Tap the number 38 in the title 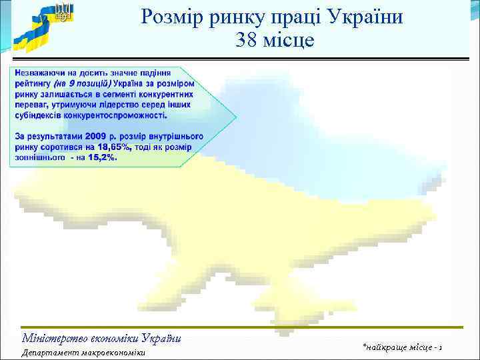[247, 41]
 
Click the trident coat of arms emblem [63, 12]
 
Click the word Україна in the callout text [130, 83]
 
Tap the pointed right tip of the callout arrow [235, 117]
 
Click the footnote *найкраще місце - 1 [404, 347]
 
